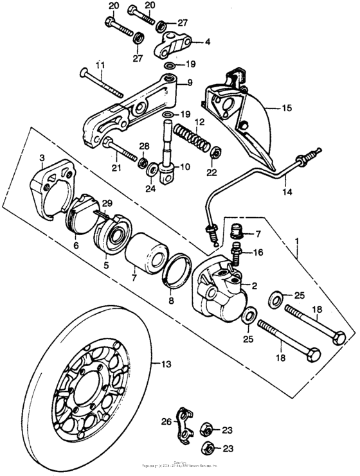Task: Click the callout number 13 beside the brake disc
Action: (x=166, y=364)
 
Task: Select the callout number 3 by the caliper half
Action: (x=41, y=158)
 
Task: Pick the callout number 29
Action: (x=106, y=203)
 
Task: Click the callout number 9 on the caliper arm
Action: (x=190, y=82)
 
